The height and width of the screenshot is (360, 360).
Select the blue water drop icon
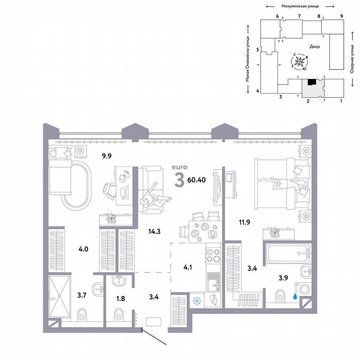(x=295, y=297)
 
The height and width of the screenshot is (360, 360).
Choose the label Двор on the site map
(x=315, y=47)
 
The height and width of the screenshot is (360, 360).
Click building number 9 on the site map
(x=341, y=16)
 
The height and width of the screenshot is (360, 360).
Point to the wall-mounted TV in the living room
(x=216, y=186)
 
